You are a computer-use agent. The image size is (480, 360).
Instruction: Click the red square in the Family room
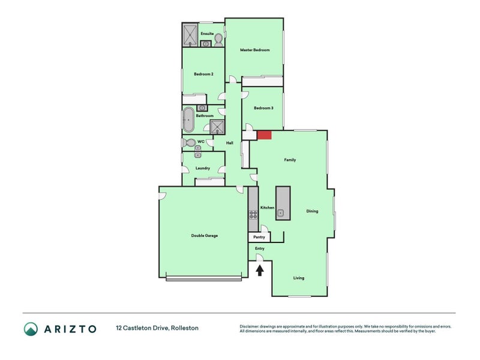pos(264,135)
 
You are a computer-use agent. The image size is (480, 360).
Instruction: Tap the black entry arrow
pos(260,271)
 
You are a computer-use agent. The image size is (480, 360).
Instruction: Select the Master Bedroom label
pos(254,50)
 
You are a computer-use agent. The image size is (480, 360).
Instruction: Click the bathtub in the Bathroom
pos(188,119)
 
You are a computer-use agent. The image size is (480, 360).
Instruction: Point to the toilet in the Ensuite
pos(218,40)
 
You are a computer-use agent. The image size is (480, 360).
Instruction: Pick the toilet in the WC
pos(189,143)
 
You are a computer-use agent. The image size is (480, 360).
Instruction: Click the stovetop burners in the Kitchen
pos(253,214)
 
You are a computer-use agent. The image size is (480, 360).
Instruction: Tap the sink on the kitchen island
pos(281,213)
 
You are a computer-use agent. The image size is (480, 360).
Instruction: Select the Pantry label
pos(259,237)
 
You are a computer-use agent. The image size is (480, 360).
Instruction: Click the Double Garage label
pos(205,236)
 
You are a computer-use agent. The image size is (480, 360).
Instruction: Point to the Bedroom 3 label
pos(263,108)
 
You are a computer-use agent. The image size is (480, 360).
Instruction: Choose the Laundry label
pos(203,169)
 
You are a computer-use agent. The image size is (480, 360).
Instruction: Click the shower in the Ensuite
pos(190,35)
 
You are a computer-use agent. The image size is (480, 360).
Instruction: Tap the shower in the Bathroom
pos(217,127)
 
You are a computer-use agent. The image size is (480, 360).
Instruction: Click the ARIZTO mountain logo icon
pos(31,329)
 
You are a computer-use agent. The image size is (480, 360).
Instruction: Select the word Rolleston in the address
pos(185,328)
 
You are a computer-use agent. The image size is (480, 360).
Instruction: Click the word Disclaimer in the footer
pos(249,326)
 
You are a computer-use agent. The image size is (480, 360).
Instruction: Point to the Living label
pos(299,278)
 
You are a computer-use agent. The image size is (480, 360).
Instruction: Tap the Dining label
pos(312,211)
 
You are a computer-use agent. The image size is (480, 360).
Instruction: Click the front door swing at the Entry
pos(260,258)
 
